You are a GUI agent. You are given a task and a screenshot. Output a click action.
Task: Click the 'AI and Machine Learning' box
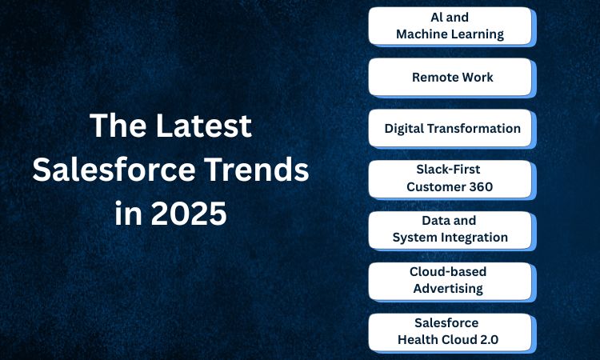[x=450, y=26]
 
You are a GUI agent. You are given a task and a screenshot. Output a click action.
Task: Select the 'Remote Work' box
[x=450, y=77]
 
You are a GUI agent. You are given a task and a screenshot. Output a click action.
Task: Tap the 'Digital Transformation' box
[x=450, y=128]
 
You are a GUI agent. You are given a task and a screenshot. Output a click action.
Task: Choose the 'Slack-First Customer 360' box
[x=450, y=179]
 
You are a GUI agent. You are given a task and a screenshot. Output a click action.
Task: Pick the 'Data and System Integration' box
[x=450, y=230]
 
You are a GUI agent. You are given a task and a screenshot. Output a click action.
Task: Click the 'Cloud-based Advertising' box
[x=450, y=281]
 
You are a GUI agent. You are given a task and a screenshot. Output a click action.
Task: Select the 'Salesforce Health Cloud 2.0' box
[x=450, y=333]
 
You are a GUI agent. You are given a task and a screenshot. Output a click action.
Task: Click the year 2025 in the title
[x=189, y=213]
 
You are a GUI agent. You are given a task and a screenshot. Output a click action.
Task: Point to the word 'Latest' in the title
[x=204, y=126]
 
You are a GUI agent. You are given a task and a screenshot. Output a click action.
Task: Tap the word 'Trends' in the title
[x=256, y=169]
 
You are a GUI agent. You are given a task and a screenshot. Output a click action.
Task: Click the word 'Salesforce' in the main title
[x=114, y=169]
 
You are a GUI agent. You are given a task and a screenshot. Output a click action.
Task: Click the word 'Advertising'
[x=448, y=289]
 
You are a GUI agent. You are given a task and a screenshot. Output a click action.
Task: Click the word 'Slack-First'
[x=448, y=170]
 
